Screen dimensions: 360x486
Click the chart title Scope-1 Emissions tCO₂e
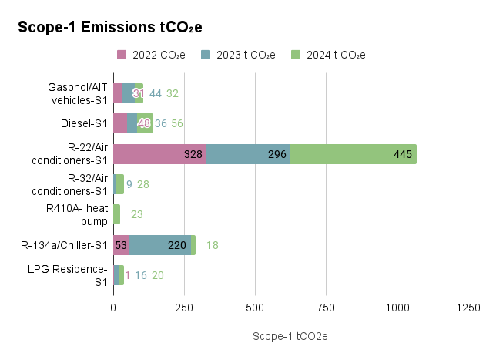109,27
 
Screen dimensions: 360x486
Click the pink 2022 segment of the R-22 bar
159,154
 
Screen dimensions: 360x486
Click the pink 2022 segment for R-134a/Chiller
121,245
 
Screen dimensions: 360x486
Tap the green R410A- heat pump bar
116,214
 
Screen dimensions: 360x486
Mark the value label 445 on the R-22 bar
403,154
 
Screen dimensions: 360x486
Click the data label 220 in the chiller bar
177,245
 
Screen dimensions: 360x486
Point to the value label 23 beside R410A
137,215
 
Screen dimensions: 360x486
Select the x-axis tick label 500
255,307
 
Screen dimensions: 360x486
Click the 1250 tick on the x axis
468,307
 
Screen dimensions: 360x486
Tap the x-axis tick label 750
326,307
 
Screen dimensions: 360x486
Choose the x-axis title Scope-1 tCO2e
290,337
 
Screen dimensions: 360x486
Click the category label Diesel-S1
83,123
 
